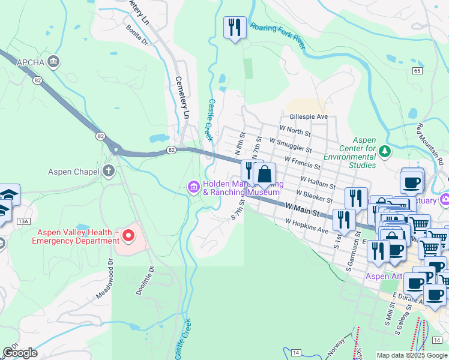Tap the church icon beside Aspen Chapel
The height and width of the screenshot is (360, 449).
[x=109, y=172]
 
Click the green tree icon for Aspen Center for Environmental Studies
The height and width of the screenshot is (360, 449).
[x=385, y=151]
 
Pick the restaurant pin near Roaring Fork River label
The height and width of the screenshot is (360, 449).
[x=235, y=27]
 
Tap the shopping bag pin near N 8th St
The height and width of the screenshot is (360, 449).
[x=264, y=175]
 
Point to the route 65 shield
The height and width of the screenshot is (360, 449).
[x=417, y=70]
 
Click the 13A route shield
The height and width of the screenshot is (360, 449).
[x=23, y=221]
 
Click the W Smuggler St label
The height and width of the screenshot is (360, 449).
[x=291, y=145]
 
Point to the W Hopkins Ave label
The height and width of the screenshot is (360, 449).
[x=307, y=226]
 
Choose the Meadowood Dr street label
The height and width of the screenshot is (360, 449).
[x=103, y=280]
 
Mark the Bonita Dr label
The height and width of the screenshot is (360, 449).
[x=137, y=34]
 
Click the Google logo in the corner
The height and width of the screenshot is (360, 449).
[x=20, y=353]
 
